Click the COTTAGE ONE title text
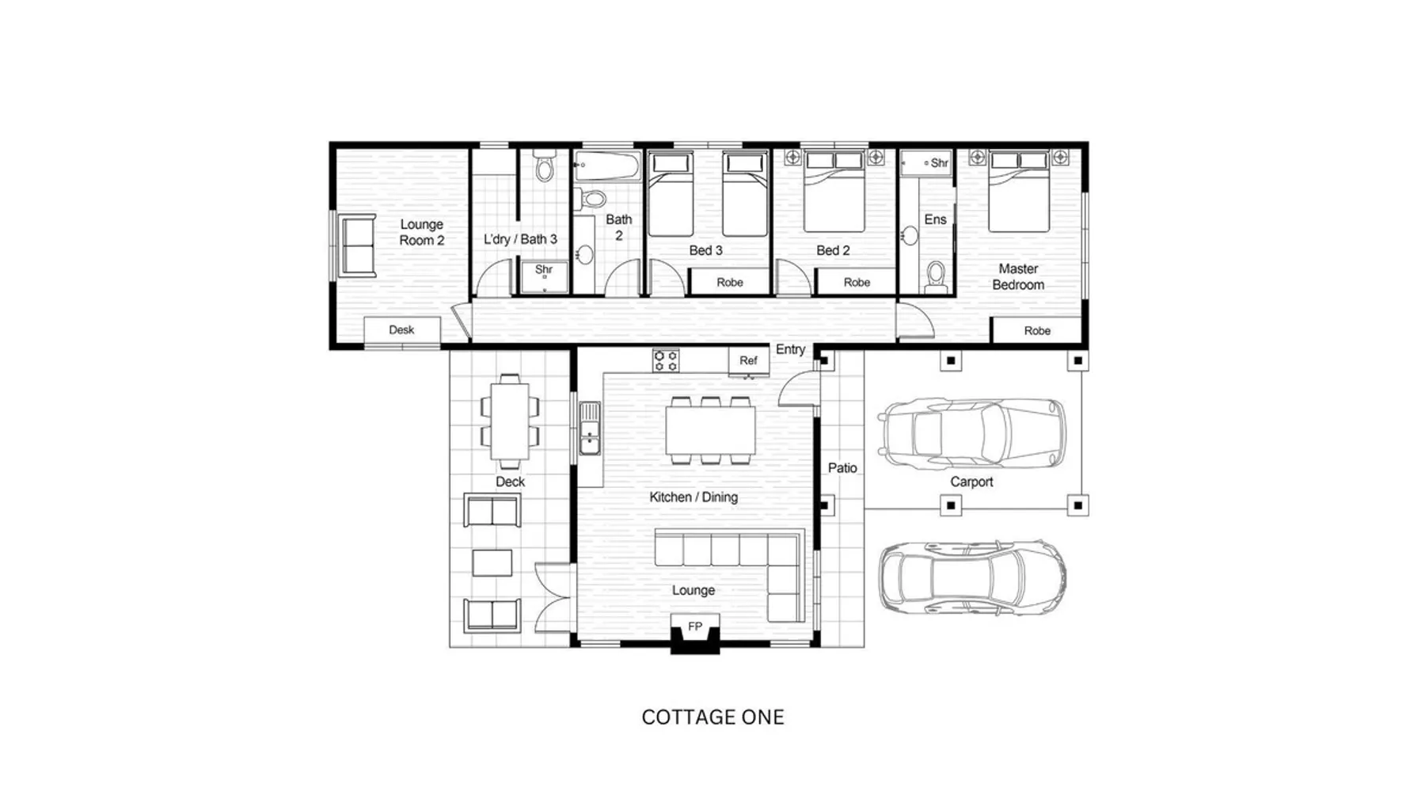pyautogui.click(x=712, y=717)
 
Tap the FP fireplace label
pyautogui.click(x=695, y=626)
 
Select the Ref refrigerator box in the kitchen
pyautogui.click(x=748, y=360)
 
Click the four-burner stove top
pyautogui.click(x=666, y=360)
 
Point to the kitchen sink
pyautogui.click(x=590, y=428)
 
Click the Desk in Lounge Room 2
pyautogui.click(x=401, y=330)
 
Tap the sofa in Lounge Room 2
pyautogui.click(x=358, y=246)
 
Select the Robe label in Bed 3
pyautogui.click(x=730, y=282)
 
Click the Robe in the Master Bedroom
pyautogui.click(x=1036, y=330)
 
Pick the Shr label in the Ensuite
pyautogui.click(x=940, y=163)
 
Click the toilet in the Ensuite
pyautogui.click(x=937, y=277)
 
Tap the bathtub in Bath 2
pyautogui.click(x=607, y=166)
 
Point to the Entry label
pyautogui.click(x=790, y=349)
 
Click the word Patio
pyautogui.click(x=842, y=468)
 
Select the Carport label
pyautogui.click(x=971, y=482)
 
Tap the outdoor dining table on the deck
pyautogui.click(x=510, y=421)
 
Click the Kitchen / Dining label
pyautogui.click(x=693, y=497)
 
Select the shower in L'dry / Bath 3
pyautogui.click(x=544, y=276)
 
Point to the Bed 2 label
pyautogui.click(x=833, y=250)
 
